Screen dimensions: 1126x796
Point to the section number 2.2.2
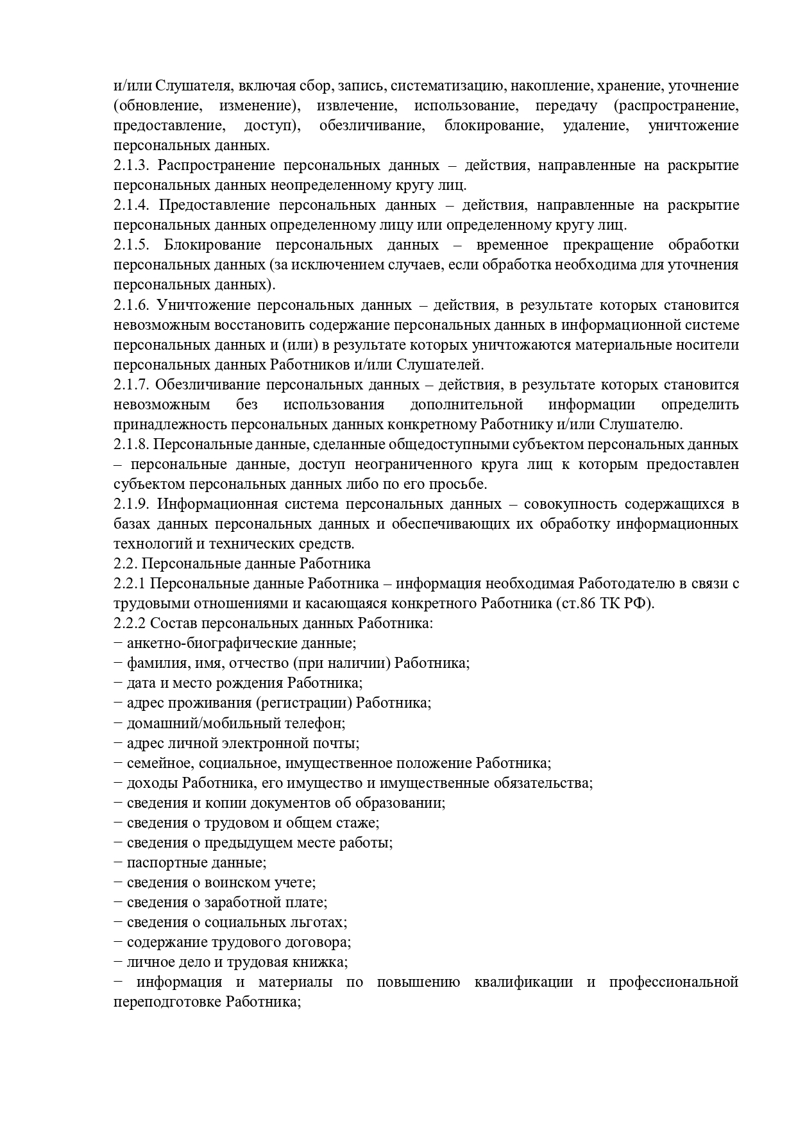coord(131,623)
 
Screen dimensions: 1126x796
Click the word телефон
coord(318,723)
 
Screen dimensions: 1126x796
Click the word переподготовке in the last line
coord(167,1002)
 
